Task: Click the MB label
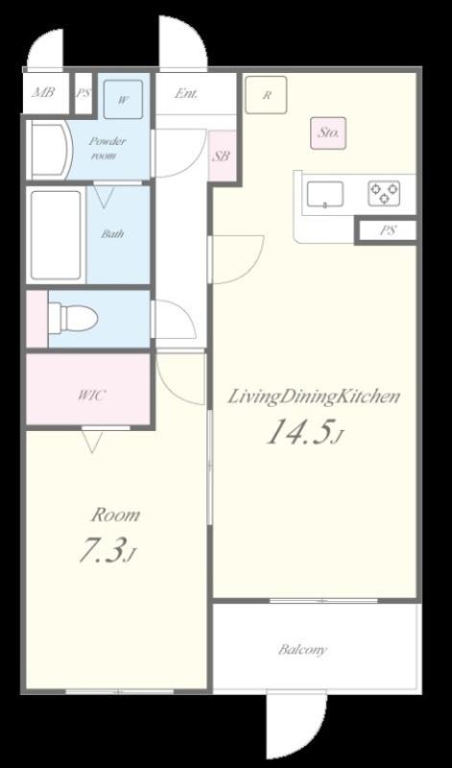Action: point(43,92)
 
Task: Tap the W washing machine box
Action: point(123,100)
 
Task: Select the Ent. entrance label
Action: point(186,93)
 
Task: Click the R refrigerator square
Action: point(266,95)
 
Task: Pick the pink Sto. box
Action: point(328,132)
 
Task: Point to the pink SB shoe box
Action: point(222,156)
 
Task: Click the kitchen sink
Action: point(324,195)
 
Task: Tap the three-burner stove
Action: point(384,193)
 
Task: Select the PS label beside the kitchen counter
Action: point(388,230)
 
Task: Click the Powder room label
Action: point(107,149)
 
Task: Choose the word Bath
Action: point(112,233)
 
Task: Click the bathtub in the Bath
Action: point(56,234)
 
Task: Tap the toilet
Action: point(73,319)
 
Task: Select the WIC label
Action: point(91,395)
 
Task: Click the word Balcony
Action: point(302,650)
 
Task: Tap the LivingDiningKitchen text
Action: point(314,396)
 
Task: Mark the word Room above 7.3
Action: point(116,515)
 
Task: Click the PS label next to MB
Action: point(83,92)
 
